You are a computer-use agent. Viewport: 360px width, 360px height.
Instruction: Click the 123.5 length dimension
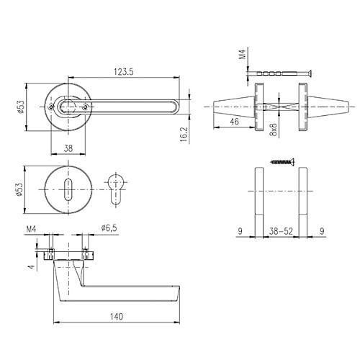point(124,71)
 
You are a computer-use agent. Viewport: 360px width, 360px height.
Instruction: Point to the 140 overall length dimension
point(117,316)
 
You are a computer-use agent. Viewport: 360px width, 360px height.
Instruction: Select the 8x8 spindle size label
point(273,130)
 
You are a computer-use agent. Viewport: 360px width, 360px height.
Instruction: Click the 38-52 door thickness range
point(282,233)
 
